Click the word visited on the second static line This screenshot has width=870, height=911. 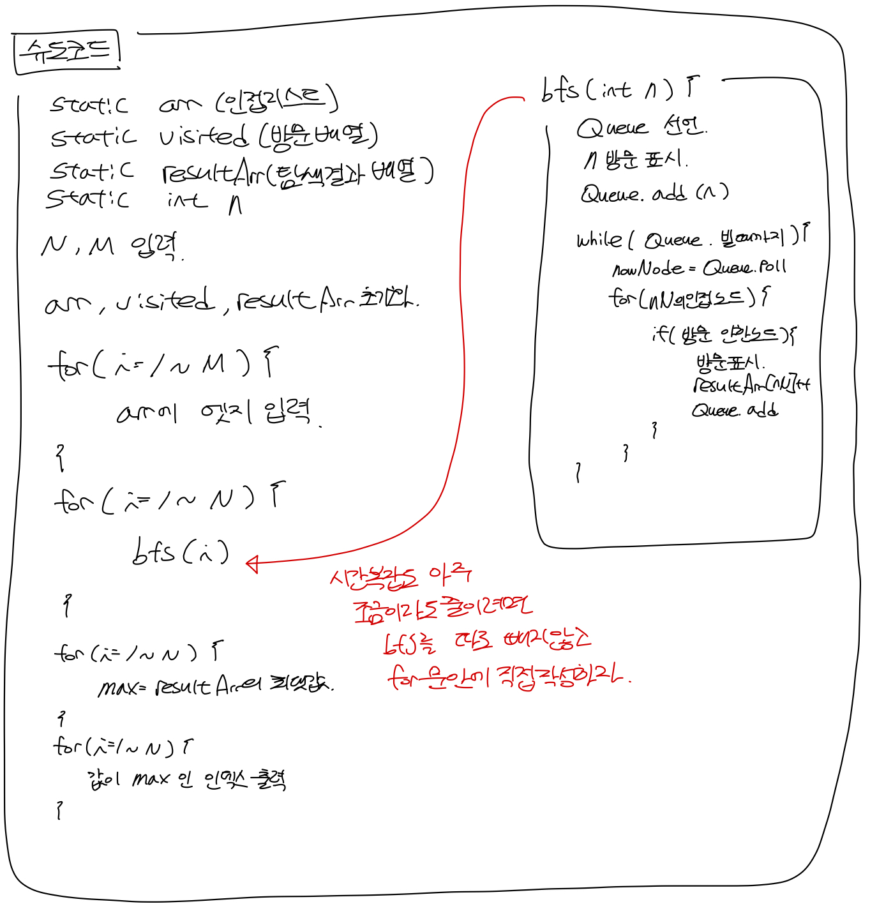pyautogui.click(x=203, y=135)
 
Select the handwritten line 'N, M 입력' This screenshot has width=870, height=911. pyautogui.click(x=112, y=246)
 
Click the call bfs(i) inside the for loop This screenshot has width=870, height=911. pyautogui.click(x=180, y=552)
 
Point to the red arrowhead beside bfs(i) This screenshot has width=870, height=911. pyautogui.click(x=253, y=563)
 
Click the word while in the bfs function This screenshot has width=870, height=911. pyautogui.click(x=599, y=240)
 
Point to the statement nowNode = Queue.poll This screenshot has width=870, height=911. pyautogui.click(x=698, y=267)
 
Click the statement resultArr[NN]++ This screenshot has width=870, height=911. pyautogui.click(x=751, y=384)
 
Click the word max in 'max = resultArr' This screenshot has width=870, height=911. pyautogui.click(x=117, y=688)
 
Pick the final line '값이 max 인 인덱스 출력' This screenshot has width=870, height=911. pyautogui.click(x=186, y=779)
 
